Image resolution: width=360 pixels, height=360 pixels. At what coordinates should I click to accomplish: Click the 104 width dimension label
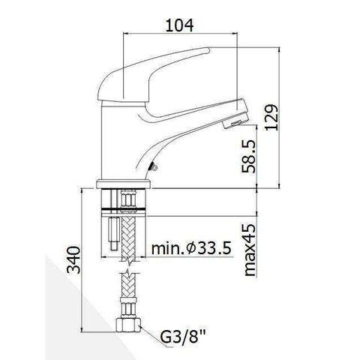(179, 25)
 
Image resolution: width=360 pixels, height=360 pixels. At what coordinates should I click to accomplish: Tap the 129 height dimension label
(271, 117)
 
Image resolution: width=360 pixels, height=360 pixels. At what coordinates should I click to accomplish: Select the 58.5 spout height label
(249, 156)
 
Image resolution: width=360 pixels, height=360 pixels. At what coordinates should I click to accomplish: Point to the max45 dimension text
(249, 250)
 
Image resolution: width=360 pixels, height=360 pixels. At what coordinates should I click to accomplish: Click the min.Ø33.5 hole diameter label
(191, 247)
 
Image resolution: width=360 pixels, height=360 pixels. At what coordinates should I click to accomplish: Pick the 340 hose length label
(74, 259)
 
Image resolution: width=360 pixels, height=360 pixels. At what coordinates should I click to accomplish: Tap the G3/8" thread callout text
(183, 337)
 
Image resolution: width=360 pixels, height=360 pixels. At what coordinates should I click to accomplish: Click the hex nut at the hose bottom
(129, 325)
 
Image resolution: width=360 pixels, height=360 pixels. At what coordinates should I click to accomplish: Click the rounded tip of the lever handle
(206, 50)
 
